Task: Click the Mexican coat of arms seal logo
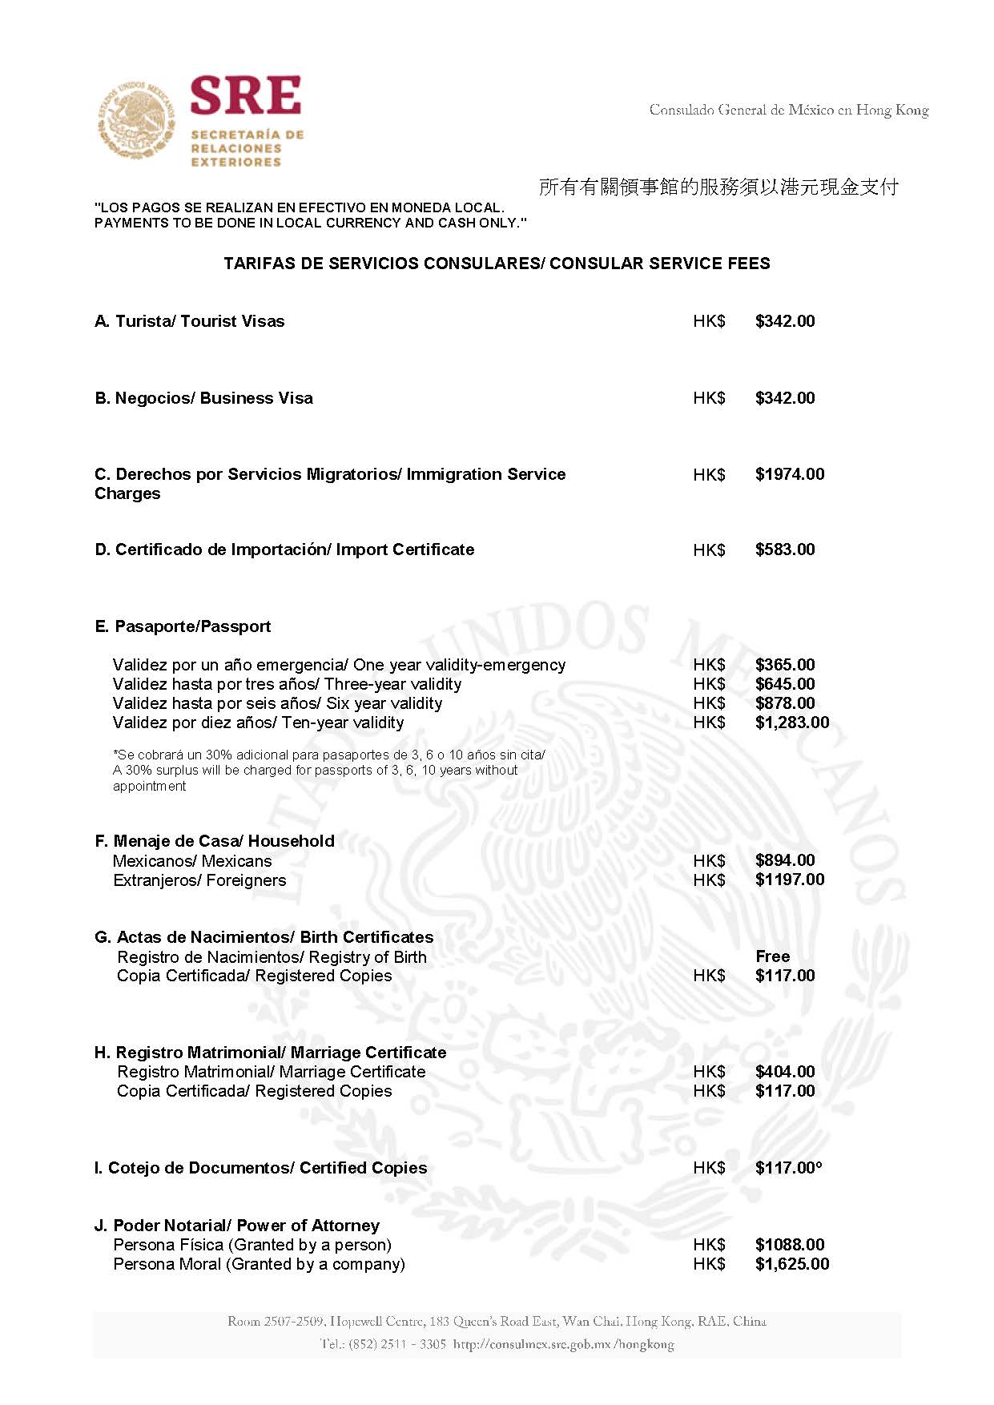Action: pyautogui.click(x=136, y=120)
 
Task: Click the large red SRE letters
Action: pyautogui.click(x=246, y=96)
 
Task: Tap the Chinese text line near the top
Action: pyautogui.click(x=718, y=187)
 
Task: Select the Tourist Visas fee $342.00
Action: pyautogui.click(x=785, y=321)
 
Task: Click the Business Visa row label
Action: pyautogui.click(x=204, y=398)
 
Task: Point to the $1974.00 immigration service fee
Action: pyautogui.click(x=790, y=474)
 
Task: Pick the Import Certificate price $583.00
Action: pyautogui.click(x=785, y=550)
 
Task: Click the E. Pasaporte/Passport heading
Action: pyautogui.click(x=183, y=626)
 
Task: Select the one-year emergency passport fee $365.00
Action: pyautogui.click(x=785, y=665)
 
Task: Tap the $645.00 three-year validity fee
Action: pyautogui.click(x=785, y=684)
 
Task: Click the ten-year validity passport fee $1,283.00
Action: pyautogui.click(x=792, y=723)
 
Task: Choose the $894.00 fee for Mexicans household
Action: pyautogui.click(x=785, y=860)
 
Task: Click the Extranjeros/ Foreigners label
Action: pyautogui.click(x=199, y=880)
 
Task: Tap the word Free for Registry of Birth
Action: pyautogui.click(x=773, y=956)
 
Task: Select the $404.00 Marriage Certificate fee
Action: pyautogui.click(x=785, y=1072)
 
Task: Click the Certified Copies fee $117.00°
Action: pyautogui.click(x=789, y=1168)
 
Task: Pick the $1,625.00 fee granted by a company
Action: pyautogui.click(x=792, y=1264)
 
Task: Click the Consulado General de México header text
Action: pyautogui.click(x=789, y=111)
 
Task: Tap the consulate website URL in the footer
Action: pyautogui.click(x=563, y=1344)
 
